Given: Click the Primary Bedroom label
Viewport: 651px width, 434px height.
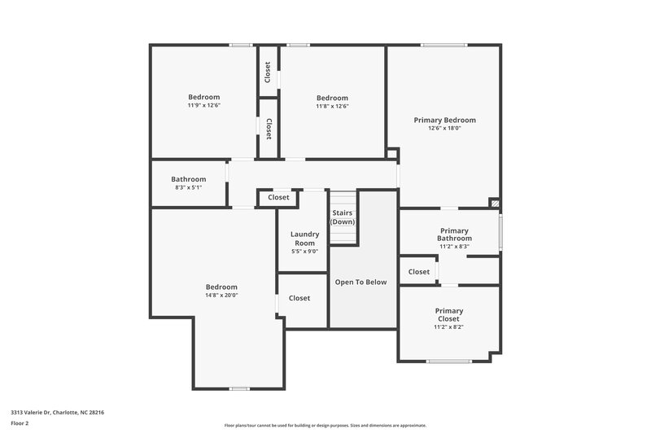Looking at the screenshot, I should (x=444, y=120).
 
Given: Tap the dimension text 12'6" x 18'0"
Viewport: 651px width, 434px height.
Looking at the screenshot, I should (x=444, y=128).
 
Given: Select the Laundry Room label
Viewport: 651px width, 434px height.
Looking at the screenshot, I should (x=304, y=239).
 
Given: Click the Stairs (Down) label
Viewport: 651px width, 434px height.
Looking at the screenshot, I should (x=342, y=217).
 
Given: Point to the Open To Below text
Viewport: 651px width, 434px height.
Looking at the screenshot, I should (x=360, y=282).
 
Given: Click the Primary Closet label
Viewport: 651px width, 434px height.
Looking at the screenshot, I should (x=449, y=314).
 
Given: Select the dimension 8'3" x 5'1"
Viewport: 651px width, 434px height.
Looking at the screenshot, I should (x=188, y=187).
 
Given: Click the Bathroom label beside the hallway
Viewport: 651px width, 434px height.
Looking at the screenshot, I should (x=188, y=179).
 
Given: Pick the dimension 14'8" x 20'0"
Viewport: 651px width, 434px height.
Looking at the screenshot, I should (x=221, y=295).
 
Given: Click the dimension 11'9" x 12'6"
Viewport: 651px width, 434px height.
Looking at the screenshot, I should (x=204, y=106).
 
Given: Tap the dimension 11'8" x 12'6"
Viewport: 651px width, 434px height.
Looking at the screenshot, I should (x=332, y=106).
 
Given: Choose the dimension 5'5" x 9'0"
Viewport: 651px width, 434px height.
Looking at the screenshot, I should (x=304, y=252).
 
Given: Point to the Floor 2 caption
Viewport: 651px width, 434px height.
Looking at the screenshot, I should (x=20, y=423).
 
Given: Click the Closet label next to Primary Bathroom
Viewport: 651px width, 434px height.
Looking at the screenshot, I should (x=419, y=272).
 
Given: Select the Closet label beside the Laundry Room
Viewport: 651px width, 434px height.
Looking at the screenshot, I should (x=299, y=298).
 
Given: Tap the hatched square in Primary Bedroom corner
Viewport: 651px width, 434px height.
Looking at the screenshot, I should (x=493, y=202).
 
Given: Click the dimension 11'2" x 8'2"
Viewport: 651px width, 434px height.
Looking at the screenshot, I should (x=449, y=327).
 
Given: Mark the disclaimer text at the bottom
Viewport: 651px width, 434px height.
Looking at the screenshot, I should (x=325, y=425).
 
